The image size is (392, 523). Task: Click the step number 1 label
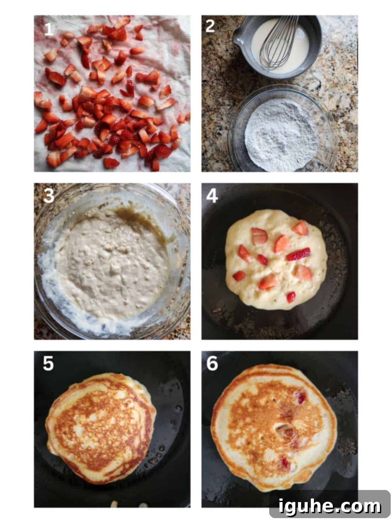49,29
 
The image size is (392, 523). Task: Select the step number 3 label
49,196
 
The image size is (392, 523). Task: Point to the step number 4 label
212,196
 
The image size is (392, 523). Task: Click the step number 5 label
48,363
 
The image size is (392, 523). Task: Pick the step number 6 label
212,363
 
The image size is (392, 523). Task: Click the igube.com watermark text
330,506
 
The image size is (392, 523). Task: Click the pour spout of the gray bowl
237,40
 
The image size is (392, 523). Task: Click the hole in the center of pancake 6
282,427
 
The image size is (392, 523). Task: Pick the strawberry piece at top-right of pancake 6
301,398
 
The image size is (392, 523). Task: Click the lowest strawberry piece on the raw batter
291,297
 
